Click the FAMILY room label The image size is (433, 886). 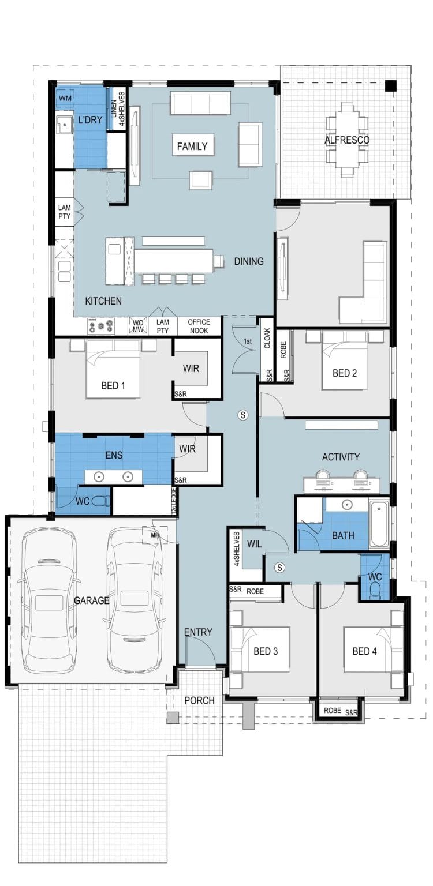pos(192,147)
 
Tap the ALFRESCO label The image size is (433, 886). pos(347,140)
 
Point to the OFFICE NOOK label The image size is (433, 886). pos(199,326)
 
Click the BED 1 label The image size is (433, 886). pos(113,385)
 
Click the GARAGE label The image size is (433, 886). pos(91,600)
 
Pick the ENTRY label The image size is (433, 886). pos(198,632)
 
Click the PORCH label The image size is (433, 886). pos(200,700)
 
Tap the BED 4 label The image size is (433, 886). pos(364,651)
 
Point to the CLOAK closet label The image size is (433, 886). pos(267,338)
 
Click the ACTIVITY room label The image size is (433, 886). pos(341,457)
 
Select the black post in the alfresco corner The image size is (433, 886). pos(391,86)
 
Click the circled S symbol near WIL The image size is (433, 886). pos(280,568)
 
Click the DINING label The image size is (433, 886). pos(249,261)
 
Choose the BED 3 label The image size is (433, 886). pos(266,651)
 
